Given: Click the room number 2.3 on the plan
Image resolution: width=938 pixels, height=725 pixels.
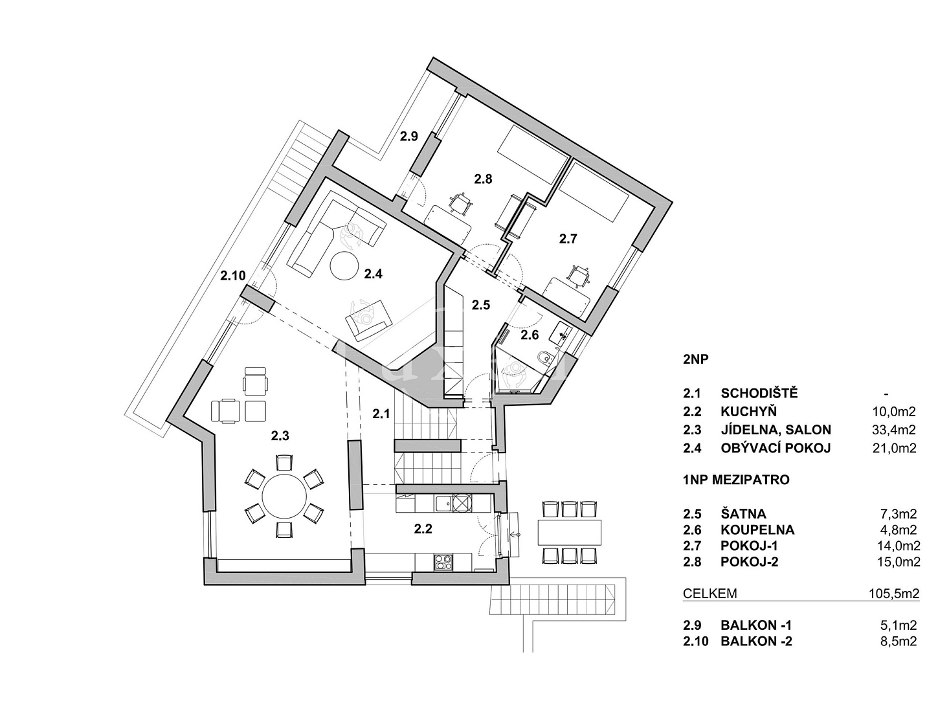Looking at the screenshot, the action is [280, 436].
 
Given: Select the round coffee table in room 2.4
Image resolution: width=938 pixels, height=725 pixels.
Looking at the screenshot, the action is [344, 266].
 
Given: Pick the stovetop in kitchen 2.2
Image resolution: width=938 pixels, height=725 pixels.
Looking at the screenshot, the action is [443, 563].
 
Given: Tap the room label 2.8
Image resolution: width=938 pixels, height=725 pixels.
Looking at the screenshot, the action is [483, 179].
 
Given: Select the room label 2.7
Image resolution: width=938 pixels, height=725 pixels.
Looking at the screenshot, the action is [568, 239].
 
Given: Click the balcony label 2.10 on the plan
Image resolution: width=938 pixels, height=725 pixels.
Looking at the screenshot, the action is [232, 275].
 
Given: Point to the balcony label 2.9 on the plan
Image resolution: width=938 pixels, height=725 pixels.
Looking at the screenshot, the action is [408, 137].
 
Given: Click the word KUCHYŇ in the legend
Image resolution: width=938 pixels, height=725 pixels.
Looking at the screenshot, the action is [748, 412].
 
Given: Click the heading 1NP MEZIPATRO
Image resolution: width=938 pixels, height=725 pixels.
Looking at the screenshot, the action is [736, 480].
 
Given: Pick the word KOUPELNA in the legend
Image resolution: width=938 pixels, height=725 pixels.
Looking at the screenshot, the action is [757, 530].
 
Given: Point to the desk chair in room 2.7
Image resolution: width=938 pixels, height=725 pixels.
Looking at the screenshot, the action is [579, 276].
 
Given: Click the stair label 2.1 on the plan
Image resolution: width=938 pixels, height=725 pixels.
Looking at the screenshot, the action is [381, 414].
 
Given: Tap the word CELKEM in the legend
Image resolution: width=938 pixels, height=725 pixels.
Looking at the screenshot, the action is [710, 594].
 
